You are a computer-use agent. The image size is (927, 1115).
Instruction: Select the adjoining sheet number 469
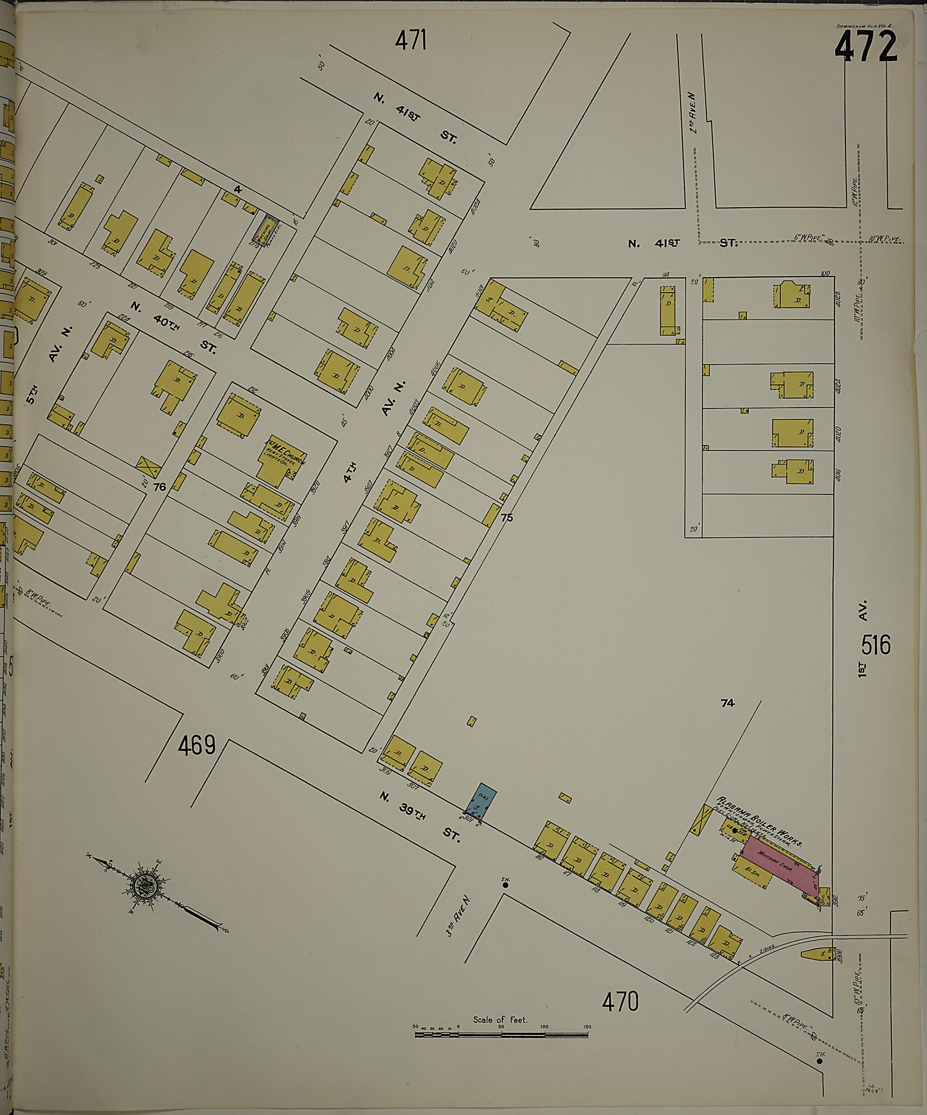(x=196, y=746)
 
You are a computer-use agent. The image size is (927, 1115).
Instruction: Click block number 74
(x=727, y=703)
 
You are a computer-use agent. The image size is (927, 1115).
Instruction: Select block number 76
(x=159, y=487)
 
